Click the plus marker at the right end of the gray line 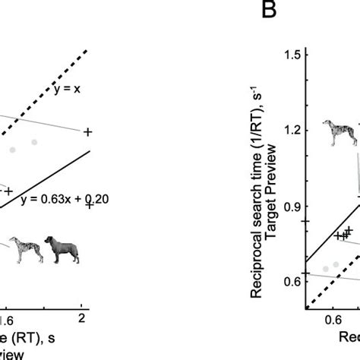pyautogui.click(x=87, y=132)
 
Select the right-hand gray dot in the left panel pyautogui.click(x=33, y=142)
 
